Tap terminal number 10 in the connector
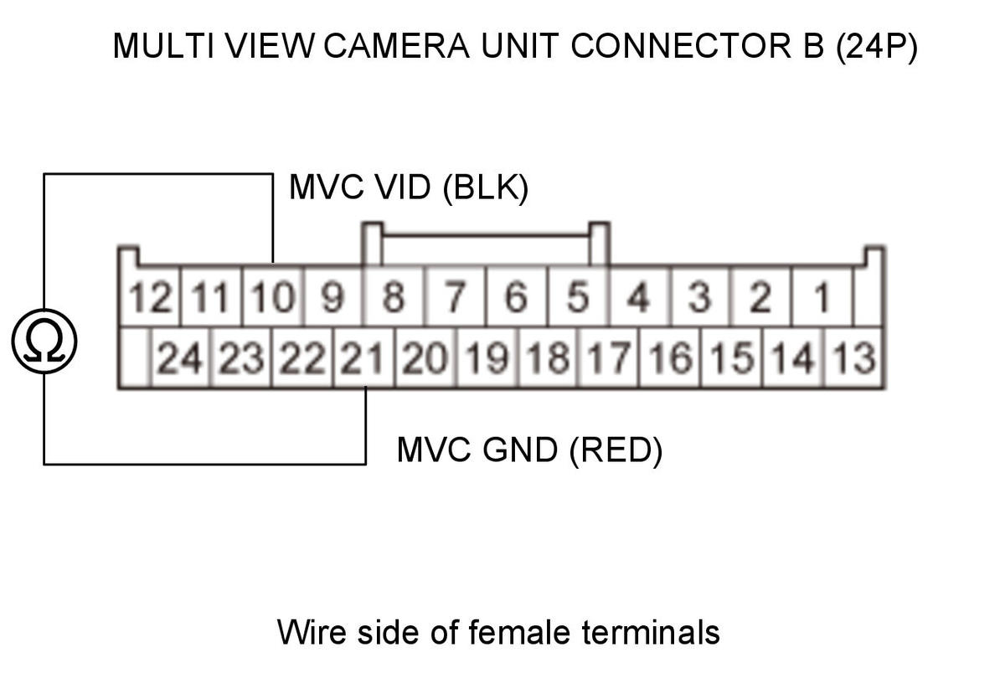point(273,296)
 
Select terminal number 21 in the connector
point(363,357)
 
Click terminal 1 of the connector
point(822,296)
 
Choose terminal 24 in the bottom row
point(180,357)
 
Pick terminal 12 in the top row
point(150,296)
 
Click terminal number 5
point(578,296)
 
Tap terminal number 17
point(609,357)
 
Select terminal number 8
point(394,296)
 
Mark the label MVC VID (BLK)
point(409,188)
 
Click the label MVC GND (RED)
point(529,450)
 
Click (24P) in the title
point(877,47)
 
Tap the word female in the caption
point(519,632)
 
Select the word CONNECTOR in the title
point(681,46)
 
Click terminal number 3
point(700,296)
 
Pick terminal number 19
point(487,357)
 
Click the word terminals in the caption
point(651,632)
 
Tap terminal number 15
point(732,357)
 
